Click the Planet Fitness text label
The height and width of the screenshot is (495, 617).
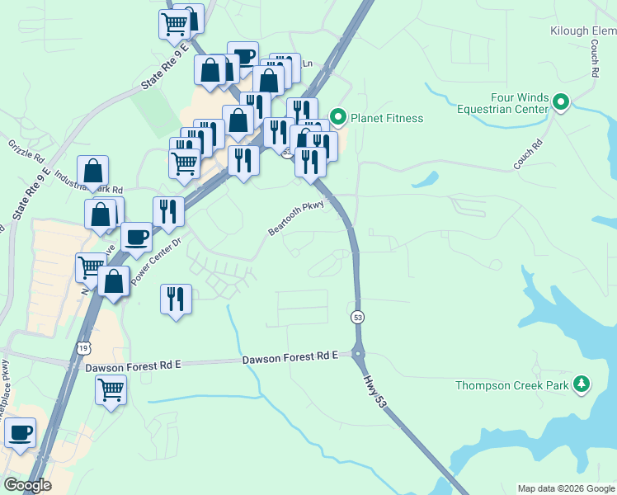(387, 118)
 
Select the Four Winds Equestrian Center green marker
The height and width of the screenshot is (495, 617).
(561, 102)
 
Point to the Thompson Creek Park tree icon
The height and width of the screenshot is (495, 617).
(582, 384)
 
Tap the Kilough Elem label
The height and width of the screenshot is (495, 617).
(583, 31)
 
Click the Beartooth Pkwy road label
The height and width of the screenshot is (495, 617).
(298, 218)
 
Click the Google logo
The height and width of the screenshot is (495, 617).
(26, 485)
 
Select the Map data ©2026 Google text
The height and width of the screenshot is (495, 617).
(566, 488)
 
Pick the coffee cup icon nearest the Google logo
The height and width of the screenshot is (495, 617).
(21, 431)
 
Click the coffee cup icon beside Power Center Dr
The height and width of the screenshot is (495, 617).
(137, 236)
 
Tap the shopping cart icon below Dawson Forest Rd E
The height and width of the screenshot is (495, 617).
(111, 389)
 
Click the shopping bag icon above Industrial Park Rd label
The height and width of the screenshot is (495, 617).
(93, 171)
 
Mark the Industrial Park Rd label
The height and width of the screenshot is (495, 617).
(89, 183)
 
